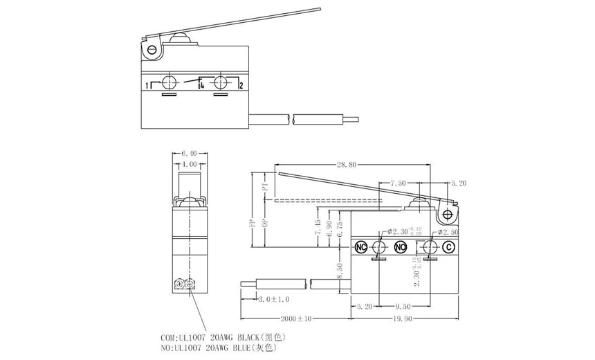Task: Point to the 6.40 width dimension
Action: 189,154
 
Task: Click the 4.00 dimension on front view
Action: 189,165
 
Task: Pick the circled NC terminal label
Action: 360,248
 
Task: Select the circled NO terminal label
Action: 400,248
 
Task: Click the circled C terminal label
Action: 448,248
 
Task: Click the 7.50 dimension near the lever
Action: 398,184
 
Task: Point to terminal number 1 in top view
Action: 147,86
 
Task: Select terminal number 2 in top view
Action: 240,86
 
